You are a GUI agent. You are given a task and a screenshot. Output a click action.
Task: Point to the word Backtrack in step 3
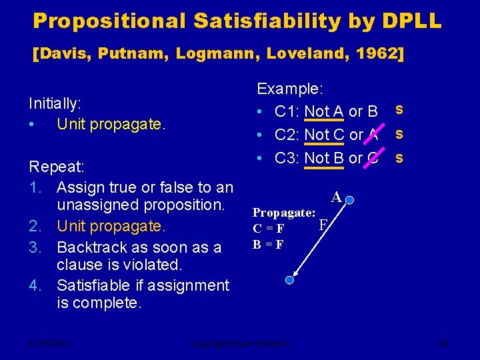pos(94,247)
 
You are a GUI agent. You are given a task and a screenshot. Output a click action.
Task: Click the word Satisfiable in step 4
pos(97,285)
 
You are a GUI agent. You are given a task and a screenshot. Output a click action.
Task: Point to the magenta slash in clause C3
pos(374,157)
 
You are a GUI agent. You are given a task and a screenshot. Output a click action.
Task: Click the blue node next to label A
pos(351,199)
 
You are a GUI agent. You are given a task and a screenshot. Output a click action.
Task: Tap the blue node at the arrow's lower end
pos(289,280)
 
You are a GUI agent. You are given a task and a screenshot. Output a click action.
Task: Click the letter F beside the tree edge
pos(323,224)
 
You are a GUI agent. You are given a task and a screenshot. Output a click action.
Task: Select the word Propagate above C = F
pos(283,213)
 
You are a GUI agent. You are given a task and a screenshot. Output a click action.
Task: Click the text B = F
pos(267,244)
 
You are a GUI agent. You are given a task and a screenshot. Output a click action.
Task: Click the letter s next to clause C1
pos(399,108)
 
